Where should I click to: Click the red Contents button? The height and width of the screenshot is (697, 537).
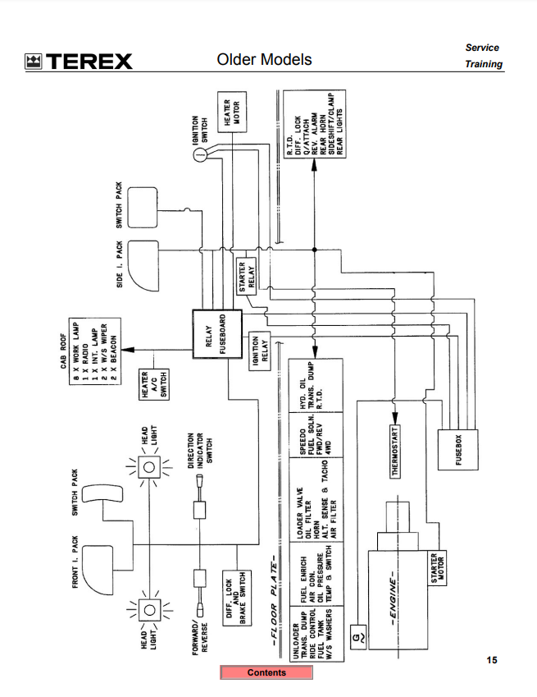pyautogui.click(x=266, y=673)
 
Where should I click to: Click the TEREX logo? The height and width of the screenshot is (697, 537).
pyautogui.click(x=79, y=61)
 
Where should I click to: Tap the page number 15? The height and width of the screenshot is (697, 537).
pyautogui.click(x=491, y=660)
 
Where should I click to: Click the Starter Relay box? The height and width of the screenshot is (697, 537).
pyautogui.click(x=247, y=276)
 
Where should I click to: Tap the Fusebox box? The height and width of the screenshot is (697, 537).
pyautogui.click(x=457, y=450)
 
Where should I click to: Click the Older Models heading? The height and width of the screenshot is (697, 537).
pyautogui.click(x=264, y=60)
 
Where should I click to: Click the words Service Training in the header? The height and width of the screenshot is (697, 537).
pyautogui.click(x=483, y=56)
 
